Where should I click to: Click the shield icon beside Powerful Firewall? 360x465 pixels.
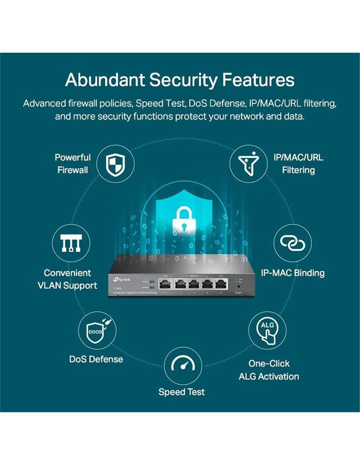pos(115,164)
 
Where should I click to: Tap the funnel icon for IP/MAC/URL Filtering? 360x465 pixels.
pos(248,164)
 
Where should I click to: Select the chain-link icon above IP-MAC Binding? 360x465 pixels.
pos(292,243)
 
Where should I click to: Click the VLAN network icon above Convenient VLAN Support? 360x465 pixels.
pos(71,243)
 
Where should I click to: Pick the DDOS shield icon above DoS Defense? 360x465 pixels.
pos(97,330)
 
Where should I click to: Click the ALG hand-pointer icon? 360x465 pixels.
pos(267,330)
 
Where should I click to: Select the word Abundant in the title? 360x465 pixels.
pos(105,80)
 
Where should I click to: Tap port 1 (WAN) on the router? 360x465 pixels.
pos(166,284)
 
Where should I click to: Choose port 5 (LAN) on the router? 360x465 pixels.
pos(221,284)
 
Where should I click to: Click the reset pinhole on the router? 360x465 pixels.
pos(238,287)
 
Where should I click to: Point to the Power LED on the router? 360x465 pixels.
pos(152,282)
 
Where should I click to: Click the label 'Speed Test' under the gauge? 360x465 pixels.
pos(182,392)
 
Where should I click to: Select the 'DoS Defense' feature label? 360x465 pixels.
pos(96,359)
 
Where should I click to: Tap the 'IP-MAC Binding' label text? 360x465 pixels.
pos(293,273)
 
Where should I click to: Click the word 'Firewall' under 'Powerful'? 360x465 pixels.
pos(73,170)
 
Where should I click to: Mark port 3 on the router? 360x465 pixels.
pos(193,284)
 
